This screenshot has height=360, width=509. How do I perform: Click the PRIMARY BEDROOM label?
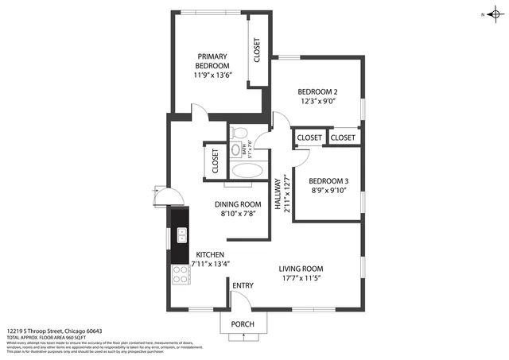tap(212, 60)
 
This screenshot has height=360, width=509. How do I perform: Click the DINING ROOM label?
tap(239, 203)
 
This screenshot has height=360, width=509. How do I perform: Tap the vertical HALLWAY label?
tap(278, 193)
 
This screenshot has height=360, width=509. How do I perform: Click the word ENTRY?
tap(243, 286)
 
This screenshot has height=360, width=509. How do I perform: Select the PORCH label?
tap(243, 324)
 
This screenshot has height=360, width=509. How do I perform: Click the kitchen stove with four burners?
tap(181, 274)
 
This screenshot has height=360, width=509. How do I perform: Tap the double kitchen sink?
tap(181, 234)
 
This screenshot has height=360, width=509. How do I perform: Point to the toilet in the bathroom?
tap(238, 133)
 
